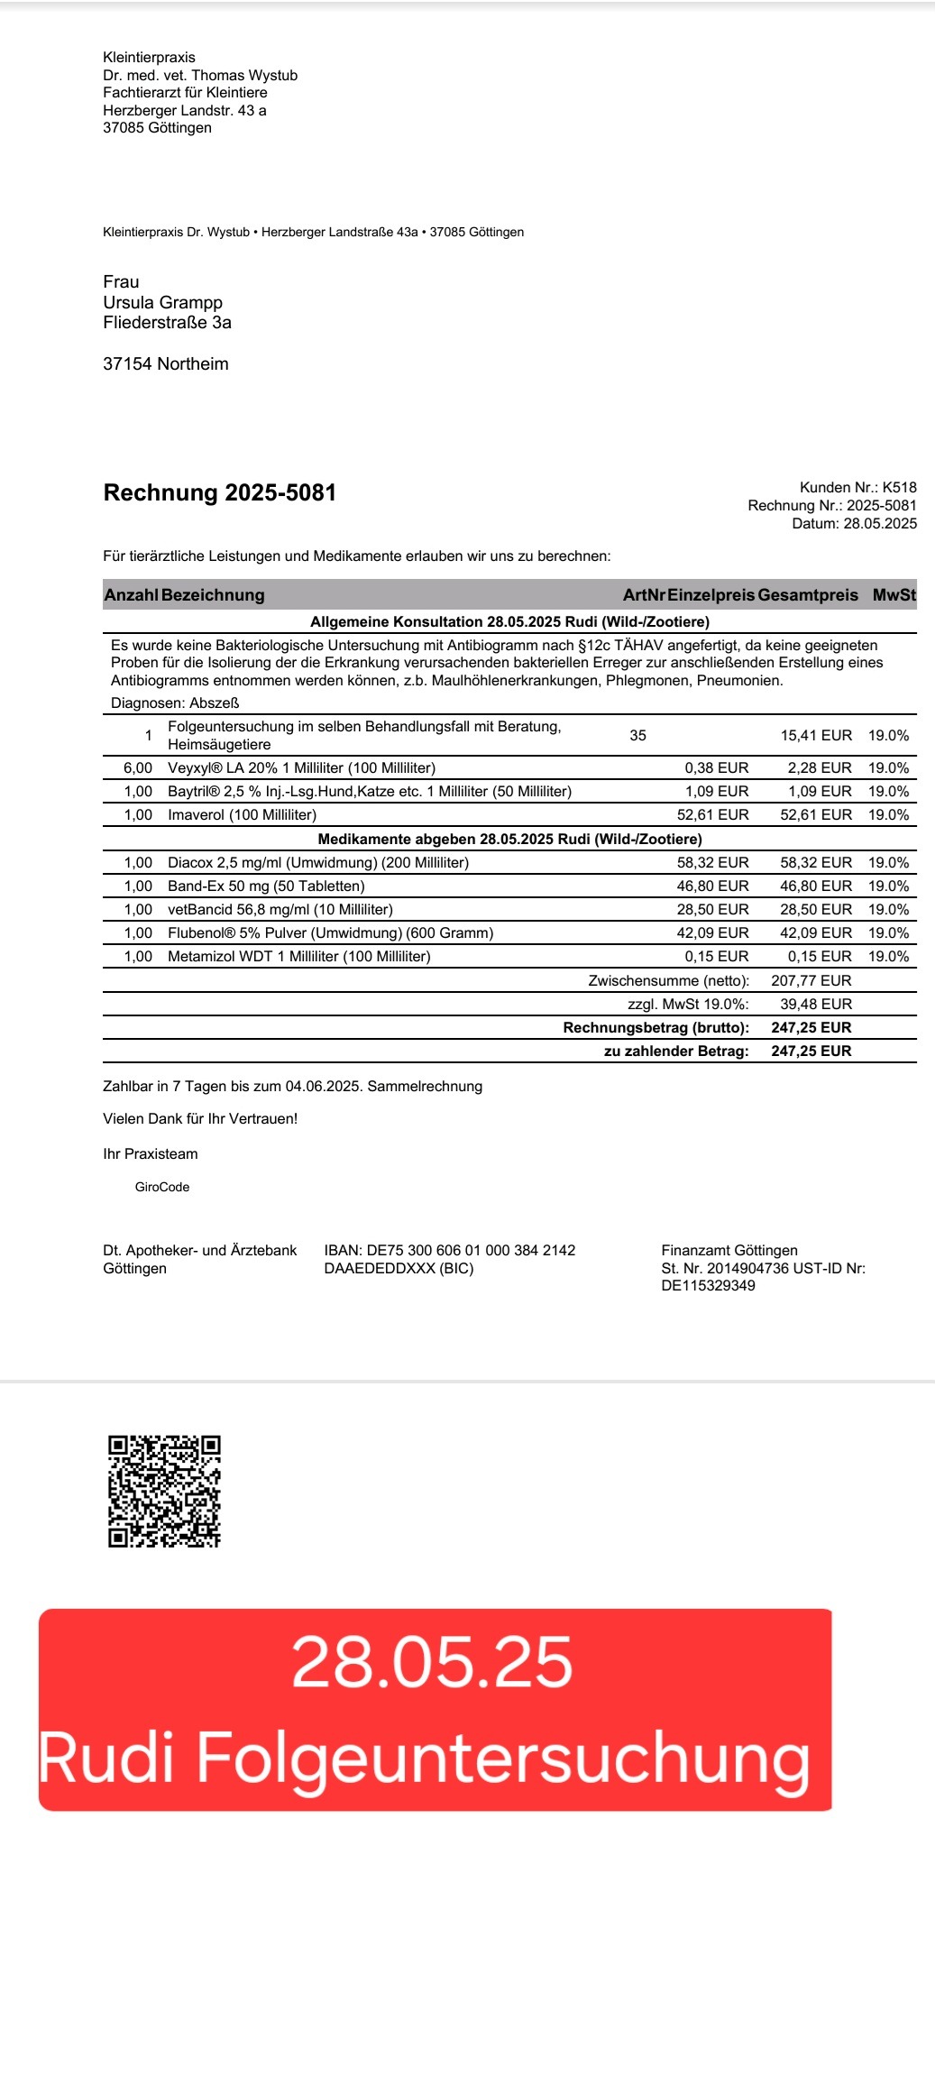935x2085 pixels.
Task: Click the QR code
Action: (164, 1491)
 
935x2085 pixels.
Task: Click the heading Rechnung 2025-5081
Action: (220, 492)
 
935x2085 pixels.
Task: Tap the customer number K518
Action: (899, 487)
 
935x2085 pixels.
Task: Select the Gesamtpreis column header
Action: (808, 595)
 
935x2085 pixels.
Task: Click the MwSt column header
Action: (894, 595)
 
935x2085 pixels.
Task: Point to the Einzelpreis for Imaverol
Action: (712, 814)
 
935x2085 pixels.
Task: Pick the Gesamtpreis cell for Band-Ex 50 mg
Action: (815, 886)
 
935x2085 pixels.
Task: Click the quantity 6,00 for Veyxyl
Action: (138, 767)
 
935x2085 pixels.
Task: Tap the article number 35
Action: (637, 735)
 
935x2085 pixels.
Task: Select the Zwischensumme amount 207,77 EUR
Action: (811, 980)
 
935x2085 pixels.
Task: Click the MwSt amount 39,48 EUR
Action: (815, 1004)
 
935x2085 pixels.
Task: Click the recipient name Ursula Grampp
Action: (162, 302)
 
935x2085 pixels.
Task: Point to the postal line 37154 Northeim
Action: (166, 363)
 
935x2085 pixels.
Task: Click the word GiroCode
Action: (162, 1187)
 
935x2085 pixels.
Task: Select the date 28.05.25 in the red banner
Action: (432, 1662)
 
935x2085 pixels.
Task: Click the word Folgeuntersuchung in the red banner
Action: (502, 1759)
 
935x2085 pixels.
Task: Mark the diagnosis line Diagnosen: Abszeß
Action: (175, 703)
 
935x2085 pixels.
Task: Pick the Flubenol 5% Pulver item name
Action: (330, 932)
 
